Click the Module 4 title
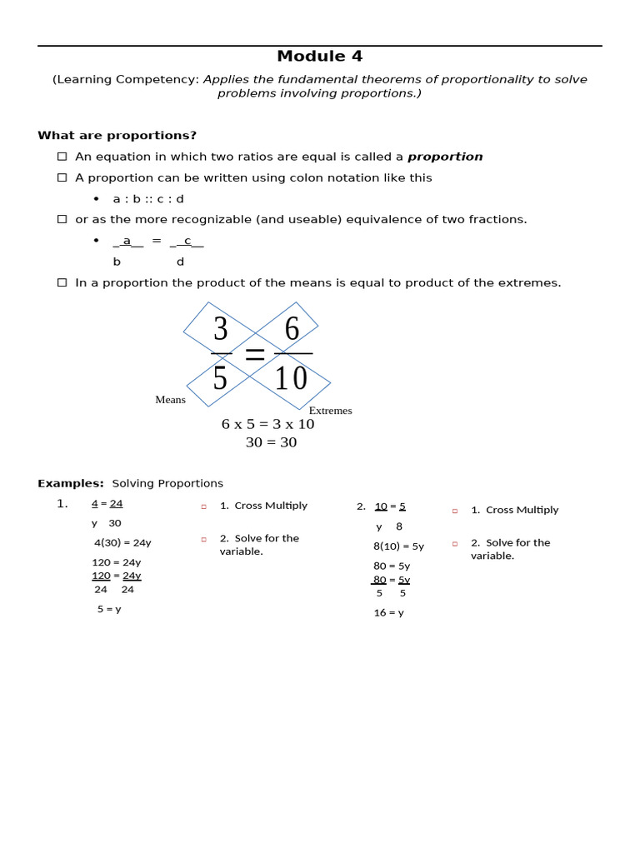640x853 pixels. click(x=319, y=57)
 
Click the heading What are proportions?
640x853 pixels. click(x=117, y=136)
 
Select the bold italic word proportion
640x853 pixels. click(x=445, y=157)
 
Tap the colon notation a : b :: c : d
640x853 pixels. click(x=148, y=199)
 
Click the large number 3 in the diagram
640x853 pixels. click(x=220, y=330)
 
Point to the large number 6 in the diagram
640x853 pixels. click(x=292, y=330)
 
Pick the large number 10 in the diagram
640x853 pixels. click(x=291, y=379)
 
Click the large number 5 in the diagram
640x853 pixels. click(x=220, y=379)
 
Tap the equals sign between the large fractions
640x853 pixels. click(x=255, y=355)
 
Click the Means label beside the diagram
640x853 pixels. click(x=170, y=400)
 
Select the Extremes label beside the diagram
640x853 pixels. click(x=330, y=411)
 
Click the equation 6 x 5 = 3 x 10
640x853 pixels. click(x=267, y=424)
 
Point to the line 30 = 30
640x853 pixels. click(x=271, y=442)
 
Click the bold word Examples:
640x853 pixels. click(x=71, y=484)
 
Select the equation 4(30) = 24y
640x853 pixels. click(x=122, y=542)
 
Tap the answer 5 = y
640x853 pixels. click(x=109, y=609)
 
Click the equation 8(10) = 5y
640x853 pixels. click(x=398, y=546)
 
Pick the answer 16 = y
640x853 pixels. click(x=388, y=613)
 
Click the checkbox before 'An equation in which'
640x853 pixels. click(x=62, y=157)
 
